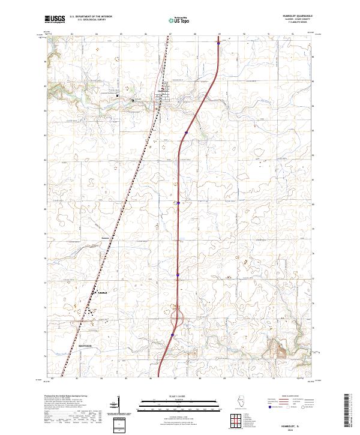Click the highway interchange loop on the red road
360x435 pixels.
point(177,316)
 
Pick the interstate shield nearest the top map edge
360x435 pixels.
point(219,43)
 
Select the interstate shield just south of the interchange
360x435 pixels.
point(173,335)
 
